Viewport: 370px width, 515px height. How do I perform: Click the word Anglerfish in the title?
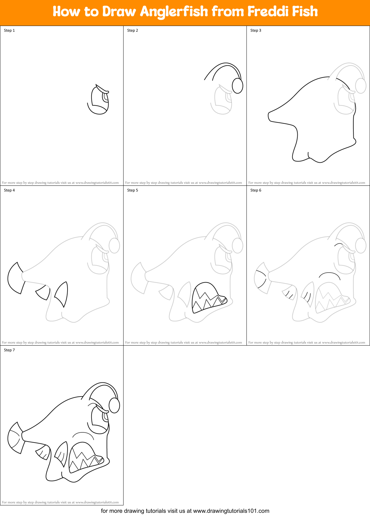point(174,12)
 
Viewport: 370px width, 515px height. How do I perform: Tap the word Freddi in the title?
point(261,12)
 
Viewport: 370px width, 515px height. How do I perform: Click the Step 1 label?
point(9,30)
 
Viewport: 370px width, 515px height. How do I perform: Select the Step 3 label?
point(256,30)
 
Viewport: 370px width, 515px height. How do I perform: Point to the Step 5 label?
point(133,190)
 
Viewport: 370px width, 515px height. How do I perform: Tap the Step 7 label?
point(9,350)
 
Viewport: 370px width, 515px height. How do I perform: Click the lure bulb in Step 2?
point(237,86)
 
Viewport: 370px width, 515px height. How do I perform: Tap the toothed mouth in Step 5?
point(208,298)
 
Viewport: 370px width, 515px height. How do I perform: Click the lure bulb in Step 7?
point(114,405)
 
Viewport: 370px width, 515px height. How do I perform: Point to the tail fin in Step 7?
point(15,438)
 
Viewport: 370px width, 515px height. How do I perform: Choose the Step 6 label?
point(256,190)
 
